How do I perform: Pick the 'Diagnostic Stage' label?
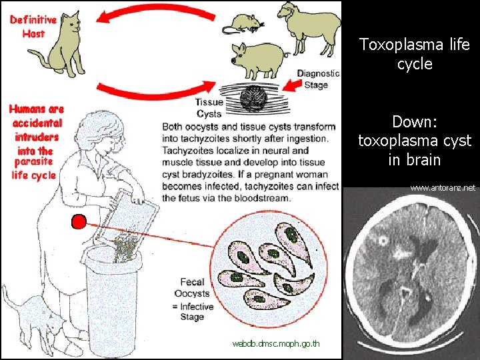click(x=318, y=79)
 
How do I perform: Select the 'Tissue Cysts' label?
click(x=209, y=108)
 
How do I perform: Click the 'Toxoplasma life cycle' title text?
click(x=414, y=54)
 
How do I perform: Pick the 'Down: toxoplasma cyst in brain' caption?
click(x=414, y=141)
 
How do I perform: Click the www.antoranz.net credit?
click(x=443, y=189)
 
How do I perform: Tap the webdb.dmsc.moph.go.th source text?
click(x=275, y=344)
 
